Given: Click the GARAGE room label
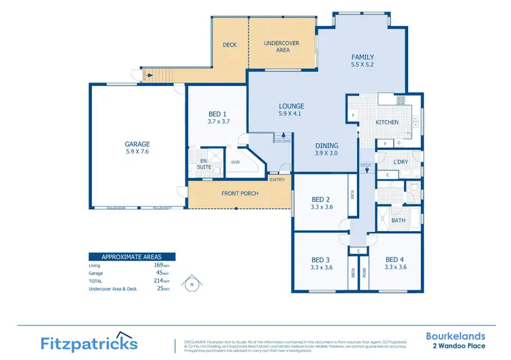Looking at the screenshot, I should [x=137, y=144].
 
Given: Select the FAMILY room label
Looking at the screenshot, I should [x=362, y=57].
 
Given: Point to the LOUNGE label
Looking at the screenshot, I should [x=291, y=106].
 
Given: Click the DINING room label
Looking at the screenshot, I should [x=328, y=145].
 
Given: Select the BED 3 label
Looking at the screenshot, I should [x=321, y=259].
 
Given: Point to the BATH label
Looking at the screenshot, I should [x=399, y=220].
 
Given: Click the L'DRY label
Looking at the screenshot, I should [x=401, y=161].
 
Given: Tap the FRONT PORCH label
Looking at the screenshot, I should [x=239, y=194].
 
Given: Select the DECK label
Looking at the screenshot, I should [x=230, y=45].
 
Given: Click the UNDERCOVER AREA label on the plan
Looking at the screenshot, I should [x=281, y=47].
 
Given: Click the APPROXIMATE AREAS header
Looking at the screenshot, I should [x=131, y=257].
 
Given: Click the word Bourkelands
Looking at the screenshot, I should [x=456, y=335].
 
